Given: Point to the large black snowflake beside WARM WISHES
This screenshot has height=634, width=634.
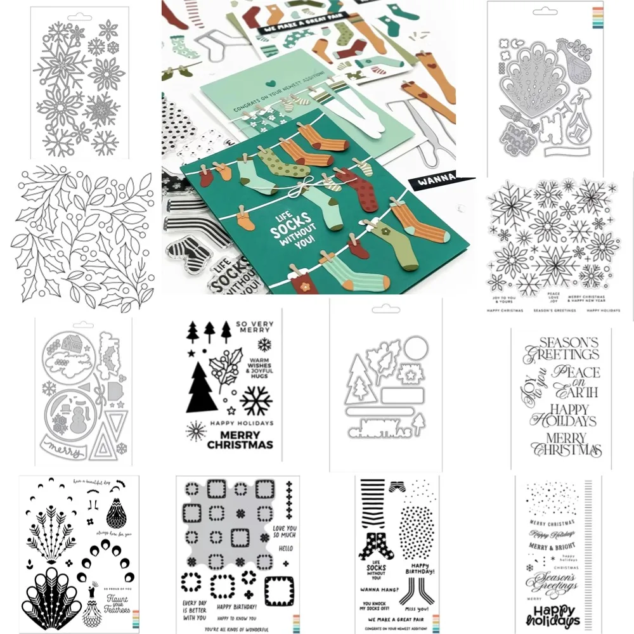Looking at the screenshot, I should (256, 400).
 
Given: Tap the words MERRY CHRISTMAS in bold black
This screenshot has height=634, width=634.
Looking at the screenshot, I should (240, 439).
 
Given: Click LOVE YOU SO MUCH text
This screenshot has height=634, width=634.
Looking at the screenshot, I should (284, 531).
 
